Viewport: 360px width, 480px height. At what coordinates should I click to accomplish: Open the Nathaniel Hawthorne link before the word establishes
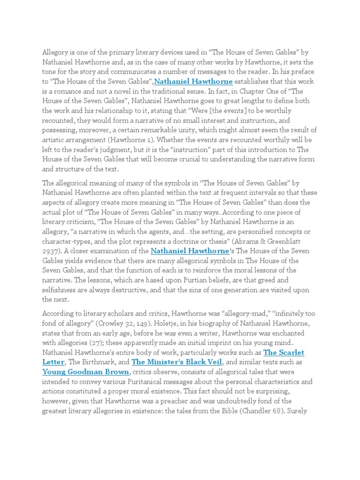coord(193,82)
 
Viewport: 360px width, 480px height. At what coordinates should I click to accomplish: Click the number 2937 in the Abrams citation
coord(52,251)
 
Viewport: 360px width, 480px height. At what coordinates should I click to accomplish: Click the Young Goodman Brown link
coord(86,372)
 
